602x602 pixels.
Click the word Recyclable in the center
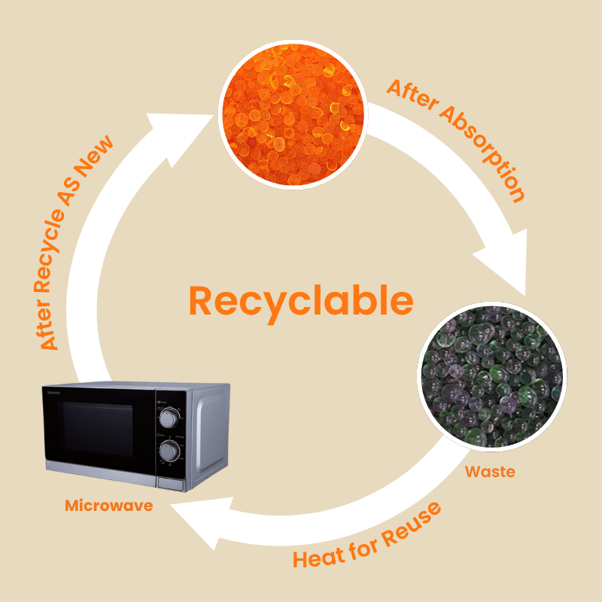pos(301,301)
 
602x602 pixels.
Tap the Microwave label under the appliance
pos(108,506)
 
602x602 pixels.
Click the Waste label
pos(490,472)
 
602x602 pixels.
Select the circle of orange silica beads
pos(293,114)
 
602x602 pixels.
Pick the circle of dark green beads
pos(491,375)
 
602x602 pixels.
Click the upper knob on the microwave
pos(171,416)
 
